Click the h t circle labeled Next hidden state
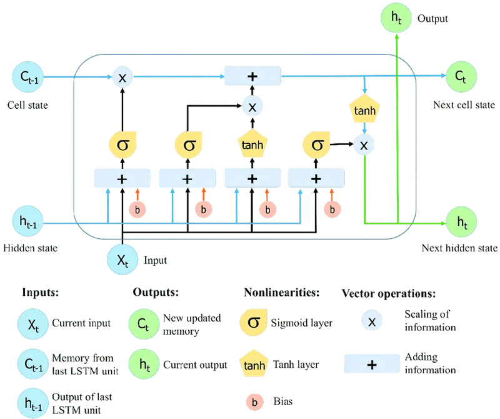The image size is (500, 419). point(461,222)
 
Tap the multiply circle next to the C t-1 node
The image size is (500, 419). point(123,78)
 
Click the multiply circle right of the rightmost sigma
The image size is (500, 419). point(363,146)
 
